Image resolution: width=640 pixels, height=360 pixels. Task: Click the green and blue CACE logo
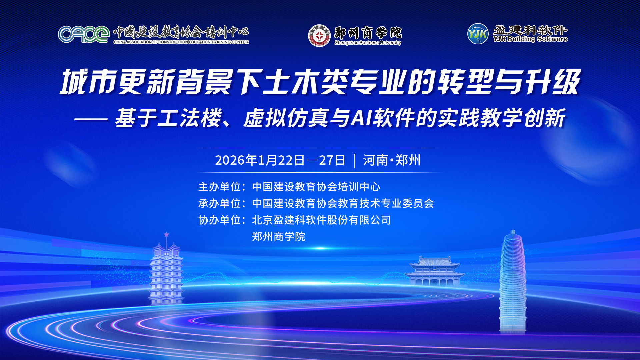tap(84, 34)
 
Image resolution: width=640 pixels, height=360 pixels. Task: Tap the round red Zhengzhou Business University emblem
tap(319, 35)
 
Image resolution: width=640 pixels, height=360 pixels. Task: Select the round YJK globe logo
tap(478, 34)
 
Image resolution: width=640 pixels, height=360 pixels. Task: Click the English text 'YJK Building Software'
tap(530, 39)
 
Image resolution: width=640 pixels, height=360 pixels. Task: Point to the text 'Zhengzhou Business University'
tap(368, 43)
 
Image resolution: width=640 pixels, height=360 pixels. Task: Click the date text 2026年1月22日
tap(260, 160)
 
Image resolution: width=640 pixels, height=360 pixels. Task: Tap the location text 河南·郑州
tap(392, 160)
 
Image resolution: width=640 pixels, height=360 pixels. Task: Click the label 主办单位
tap(220, 187)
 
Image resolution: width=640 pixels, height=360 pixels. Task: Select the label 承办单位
tap(220, 203)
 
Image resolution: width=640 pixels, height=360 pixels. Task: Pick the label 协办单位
tap(220, 220)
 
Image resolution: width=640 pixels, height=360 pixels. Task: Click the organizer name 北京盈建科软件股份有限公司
tap(321, 220)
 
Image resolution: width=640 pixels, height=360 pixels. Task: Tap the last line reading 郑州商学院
tap(279, 237)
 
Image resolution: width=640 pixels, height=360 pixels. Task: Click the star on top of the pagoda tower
tap(166, 234)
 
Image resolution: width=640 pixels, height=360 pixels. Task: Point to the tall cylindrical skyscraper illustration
tap(513, 282)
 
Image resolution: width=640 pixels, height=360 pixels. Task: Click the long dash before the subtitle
tap(91, 119)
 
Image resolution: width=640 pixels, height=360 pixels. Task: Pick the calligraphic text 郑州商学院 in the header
tap(368, 33)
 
